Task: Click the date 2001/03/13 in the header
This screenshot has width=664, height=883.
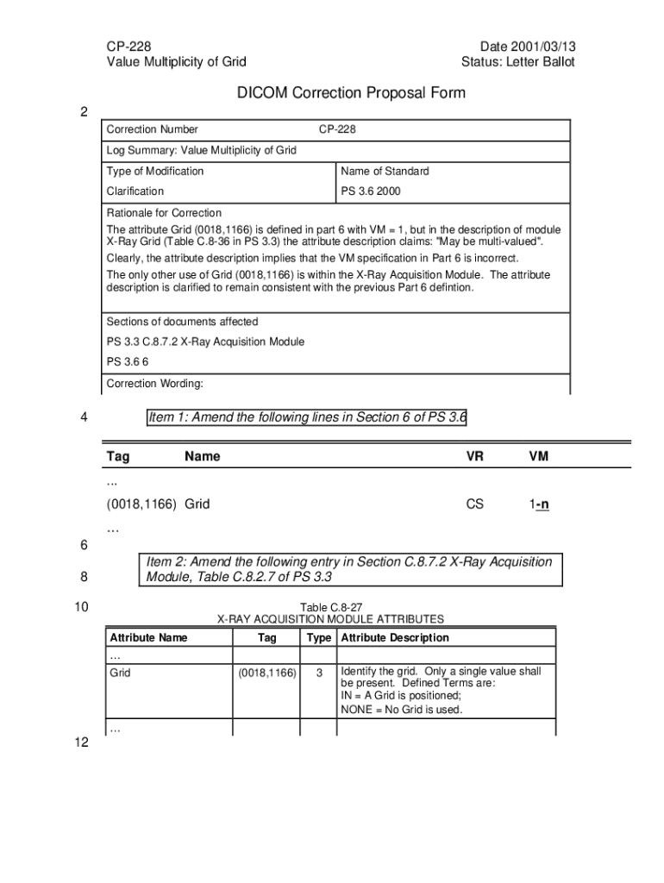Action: pos(527,45)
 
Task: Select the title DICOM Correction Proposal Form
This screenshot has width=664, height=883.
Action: pos(351,93)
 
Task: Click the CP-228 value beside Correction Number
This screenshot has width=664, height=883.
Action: pos(337,129)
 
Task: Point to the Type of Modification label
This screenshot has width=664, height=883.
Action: pos(155,171)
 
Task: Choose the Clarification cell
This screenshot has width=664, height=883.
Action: pos(135,191)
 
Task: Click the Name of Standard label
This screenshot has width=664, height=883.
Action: pos(385,171)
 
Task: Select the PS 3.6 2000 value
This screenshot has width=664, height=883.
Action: pos(371,191)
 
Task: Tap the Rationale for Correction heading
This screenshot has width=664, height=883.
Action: pos(164,213)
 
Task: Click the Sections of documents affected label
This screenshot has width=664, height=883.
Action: pos(182,322)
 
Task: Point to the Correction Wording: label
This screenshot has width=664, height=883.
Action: pos(154,384)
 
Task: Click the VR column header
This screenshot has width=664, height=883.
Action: pos(475,456)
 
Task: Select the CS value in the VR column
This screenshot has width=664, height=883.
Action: pos(475,504)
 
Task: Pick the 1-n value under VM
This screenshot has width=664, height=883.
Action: pos(539,504)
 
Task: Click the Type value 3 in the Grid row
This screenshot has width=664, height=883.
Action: pos(318,672)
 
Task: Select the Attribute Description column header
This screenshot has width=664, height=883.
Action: pos(395,638)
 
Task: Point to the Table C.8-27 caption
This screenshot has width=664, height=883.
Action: pos(330,607)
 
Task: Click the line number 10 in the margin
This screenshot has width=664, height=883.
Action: pos(82,607)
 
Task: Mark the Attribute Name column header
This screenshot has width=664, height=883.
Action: pos(148,638)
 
